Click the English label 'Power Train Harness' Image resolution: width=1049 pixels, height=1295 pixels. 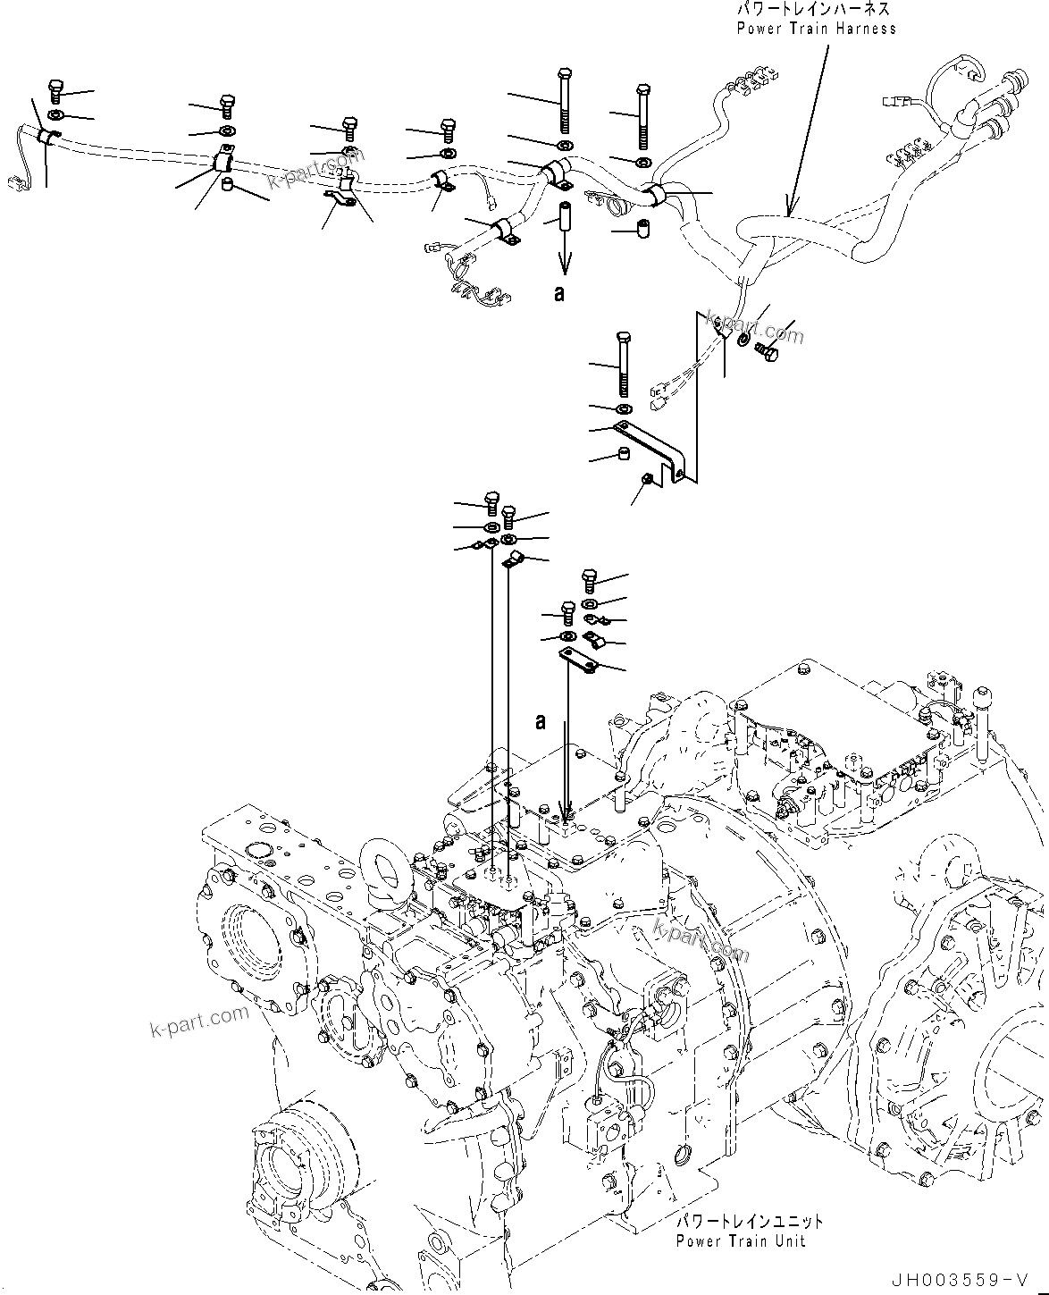coord(816,28)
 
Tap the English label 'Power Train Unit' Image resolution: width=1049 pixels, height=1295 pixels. coord(740,1240)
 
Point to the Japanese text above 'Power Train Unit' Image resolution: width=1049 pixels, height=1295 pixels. coord(749,1221)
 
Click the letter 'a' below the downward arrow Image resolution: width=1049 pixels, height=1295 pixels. coord(559,293)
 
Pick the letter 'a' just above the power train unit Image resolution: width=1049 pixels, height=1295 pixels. coord(541,722)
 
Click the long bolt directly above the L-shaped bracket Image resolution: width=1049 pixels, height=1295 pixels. coord(623,364)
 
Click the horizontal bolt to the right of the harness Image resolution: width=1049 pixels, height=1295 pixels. coord(768,350)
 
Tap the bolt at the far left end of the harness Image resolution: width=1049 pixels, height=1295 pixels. coord(53,90)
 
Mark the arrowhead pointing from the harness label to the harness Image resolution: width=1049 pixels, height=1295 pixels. coord(787,212)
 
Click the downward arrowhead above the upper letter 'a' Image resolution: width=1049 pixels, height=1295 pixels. coord(564,268)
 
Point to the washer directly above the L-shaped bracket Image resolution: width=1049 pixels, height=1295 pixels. coord(623,408)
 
